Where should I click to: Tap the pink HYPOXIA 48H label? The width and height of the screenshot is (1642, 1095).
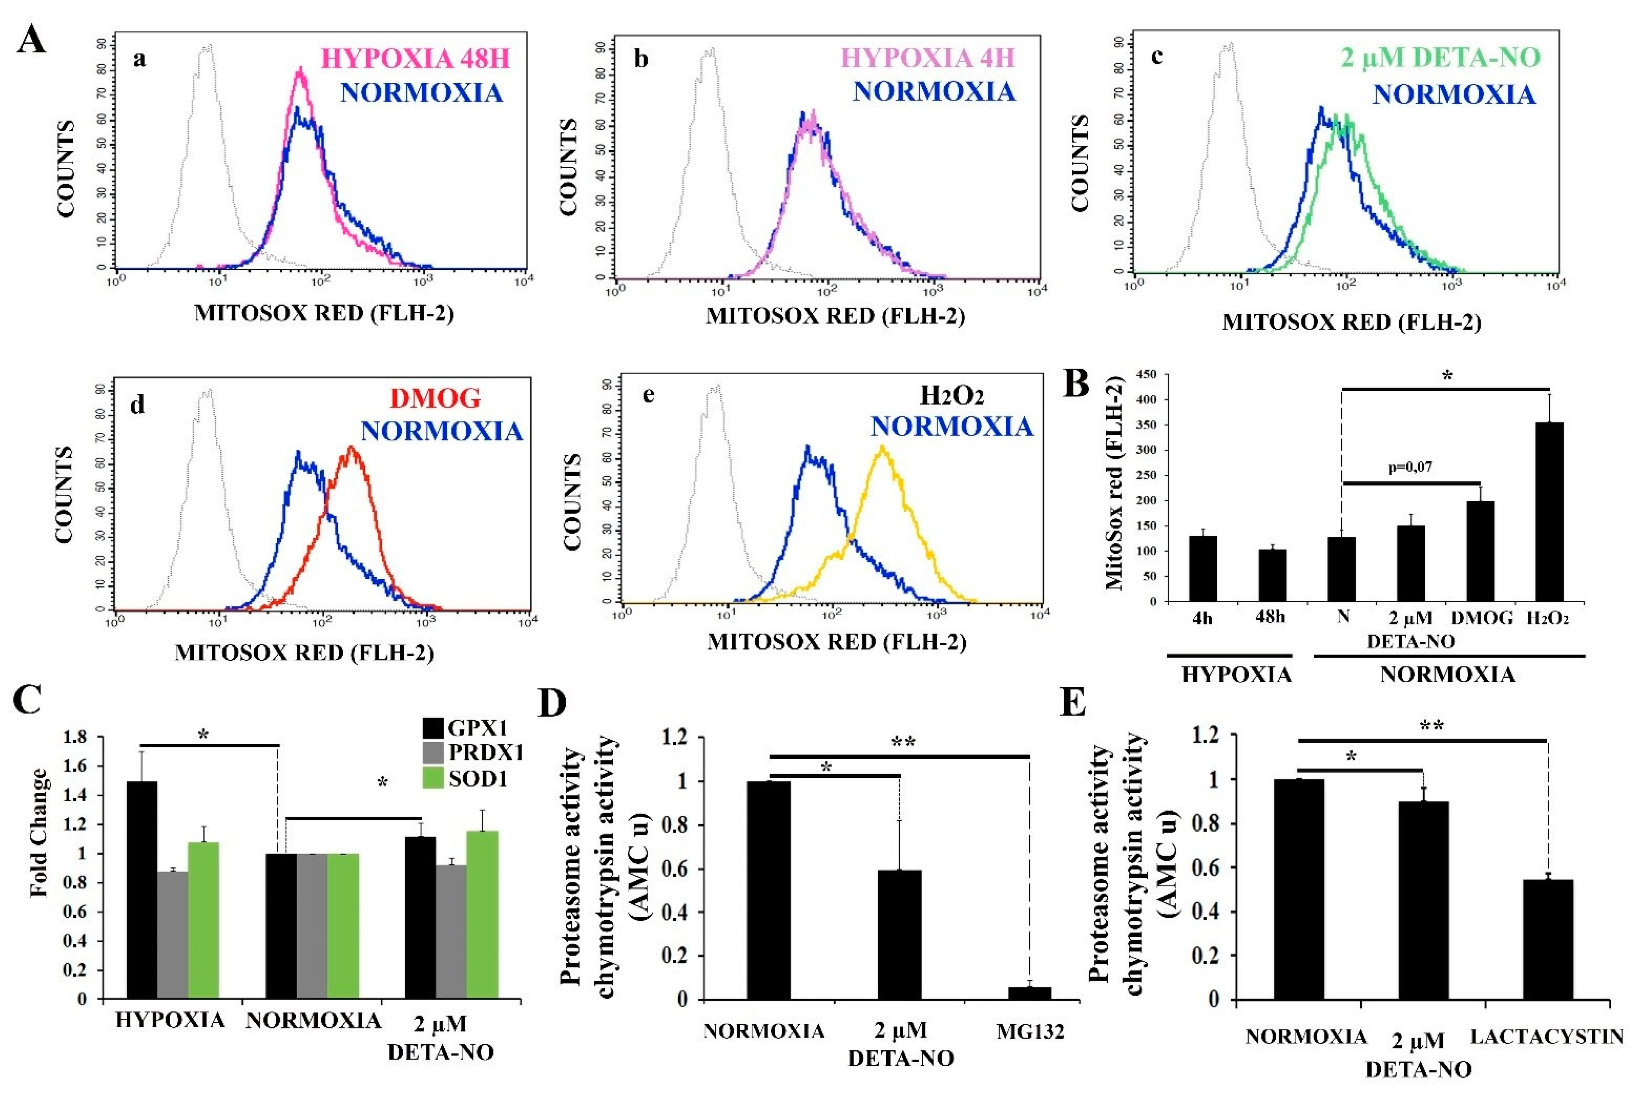416,59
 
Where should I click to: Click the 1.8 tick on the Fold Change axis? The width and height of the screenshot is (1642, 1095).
76,737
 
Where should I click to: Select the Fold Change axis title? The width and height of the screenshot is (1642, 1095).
40,832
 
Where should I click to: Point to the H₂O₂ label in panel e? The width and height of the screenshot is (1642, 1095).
952,396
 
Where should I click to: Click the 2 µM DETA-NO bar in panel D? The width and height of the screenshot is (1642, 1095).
899,934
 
